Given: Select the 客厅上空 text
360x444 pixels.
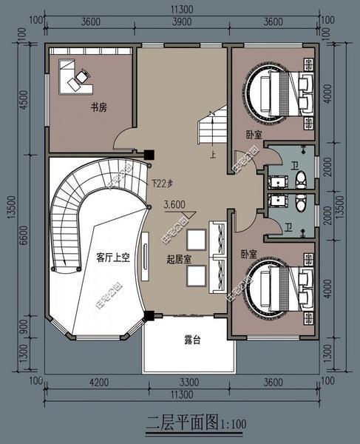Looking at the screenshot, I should coord(113,258).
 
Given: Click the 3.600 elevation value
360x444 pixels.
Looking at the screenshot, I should coord(174,205).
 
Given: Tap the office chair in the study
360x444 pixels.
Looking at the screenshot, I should coord(82,74).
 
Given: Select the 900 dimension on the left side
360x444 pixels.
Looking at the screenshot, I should coord(23,326).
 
